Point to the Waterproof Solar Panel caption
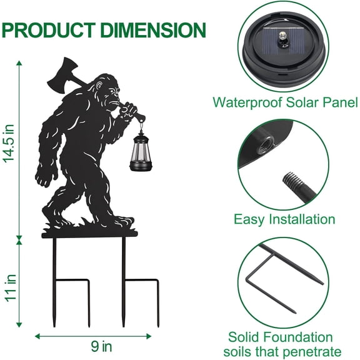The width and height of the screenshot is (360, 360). click(285, 102)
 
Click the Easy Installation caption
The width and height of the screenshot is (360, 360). click(284, 219)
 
